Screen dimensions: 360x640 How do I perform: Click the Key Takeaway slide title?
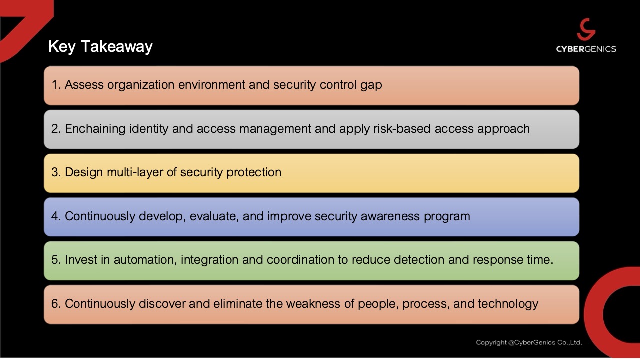tap(100, 46)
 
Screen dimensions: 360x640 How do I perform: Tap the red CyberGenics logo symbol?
tap(586, 30)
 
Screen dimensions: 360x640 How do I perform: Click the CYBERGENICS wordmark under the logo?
tap(586, 49)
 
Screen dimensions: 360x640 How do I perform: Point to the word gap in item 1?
tap(371, 85)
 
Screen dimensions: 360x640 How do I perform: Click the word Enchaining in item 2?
tap(95, 129)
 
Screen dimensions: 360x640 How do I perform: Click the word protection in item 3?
tap(254, 172)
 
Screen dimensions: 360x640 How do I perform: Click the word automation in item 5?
tap(145, 260)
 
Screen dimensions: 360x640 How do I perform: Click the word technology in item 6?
tap(508, 304)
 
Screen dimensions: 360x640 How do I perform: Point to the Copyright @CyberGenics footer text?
tap(529, 343)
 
